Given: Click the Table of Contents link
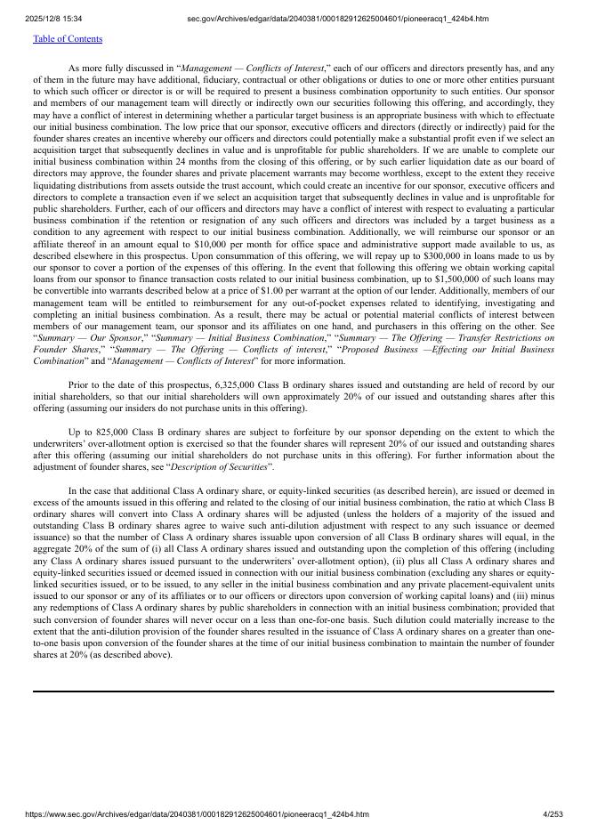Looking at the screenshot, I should [68, 39].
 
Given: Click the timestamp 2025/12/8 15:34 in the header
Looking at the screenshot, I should [53, 19].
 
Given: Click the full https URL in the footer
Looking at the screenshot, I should [197, 814].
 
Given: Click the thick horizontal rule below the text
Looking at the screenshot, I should [294, 691].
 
